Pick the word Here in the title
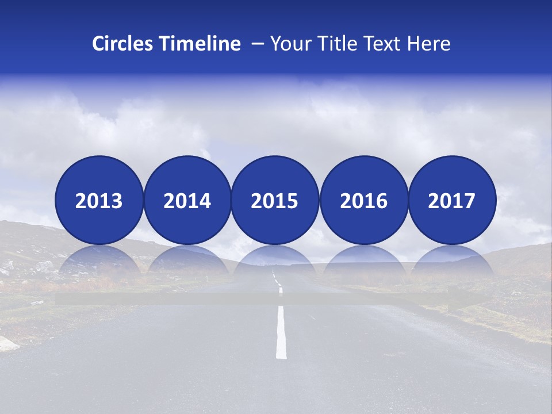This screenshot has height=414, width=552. coord(428,44)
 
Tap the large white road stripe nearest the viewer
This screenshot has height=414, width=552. coord(281,332)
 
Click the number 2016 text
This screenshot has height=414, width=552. coord(363,201)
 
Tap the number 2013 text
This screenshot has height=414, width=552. coord(99,201)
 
